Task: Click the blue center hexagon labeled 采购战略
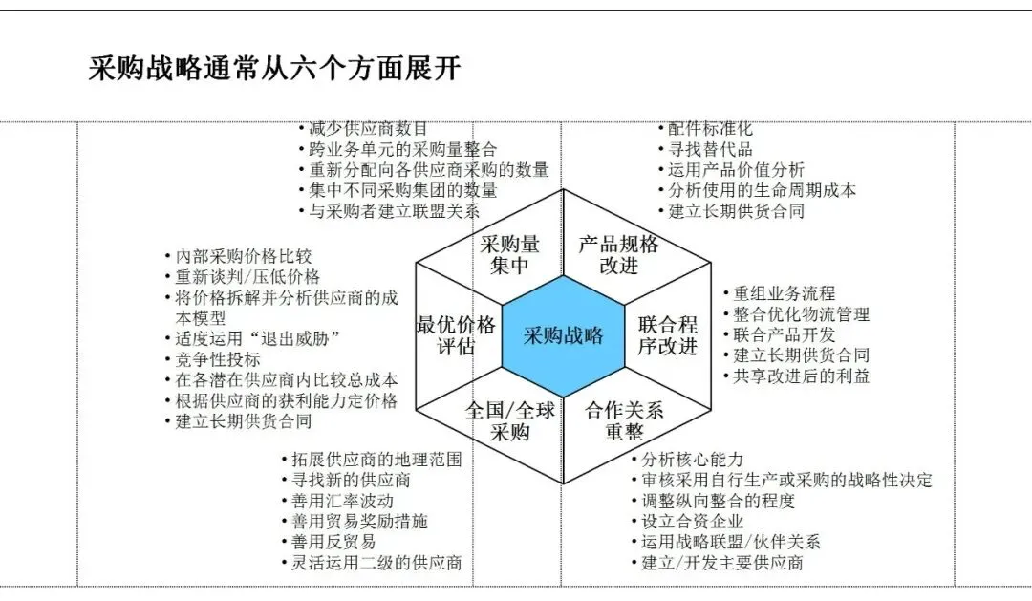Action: [x=563, y=335]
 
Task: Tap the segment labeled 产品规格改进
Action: [x=618, y=254]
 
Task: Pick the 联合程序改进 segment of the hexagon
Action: [x=668, y=334]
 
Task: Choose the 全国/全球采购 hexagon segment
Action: [x=510, y=420]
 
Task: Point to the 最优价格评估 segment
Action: [x=456, y=334]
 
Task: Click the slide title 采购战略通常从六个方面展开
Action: [x=275, y=69]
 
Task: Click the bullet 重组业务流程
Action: [x=784, y=293]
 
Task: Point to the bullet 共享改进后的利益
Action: [x=801, y=376]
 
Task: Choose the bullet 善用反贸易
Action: [x=333, y=542]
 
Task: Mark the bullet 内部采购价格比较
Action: [x=244, y=256]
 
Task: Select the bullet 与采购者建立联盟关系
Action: [x=394, y=211]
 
